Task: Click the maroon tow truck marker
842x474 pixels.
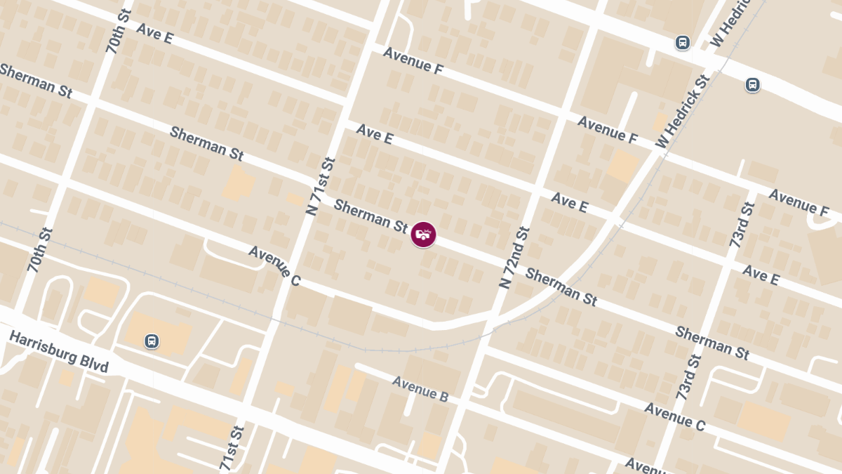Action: point(423,235)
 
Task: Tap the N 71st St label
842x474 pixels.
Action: point(321,186)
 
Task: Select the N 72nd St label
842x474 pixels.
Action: point(514,258)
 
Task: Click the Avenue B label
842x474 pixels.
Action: point(420,389)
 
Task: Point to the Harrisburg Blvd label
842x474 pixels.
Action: point(59,352)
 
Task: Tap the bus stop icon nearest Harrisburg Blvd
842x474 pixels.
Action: point(152,341)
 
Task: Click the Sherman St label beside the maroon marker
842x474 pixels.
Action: point(371,216)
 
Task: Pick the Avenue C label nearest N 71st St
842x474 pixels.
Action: point(274,265)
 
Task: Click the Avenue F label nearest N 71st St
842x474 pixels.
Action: point(413,61)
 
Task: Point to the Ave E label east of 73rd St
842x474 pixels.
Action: point(761,275)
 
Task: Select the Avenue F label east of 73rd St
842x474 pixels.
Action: point(798,202)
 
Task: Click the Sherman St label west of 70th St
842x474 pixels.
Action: point(36,81)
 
